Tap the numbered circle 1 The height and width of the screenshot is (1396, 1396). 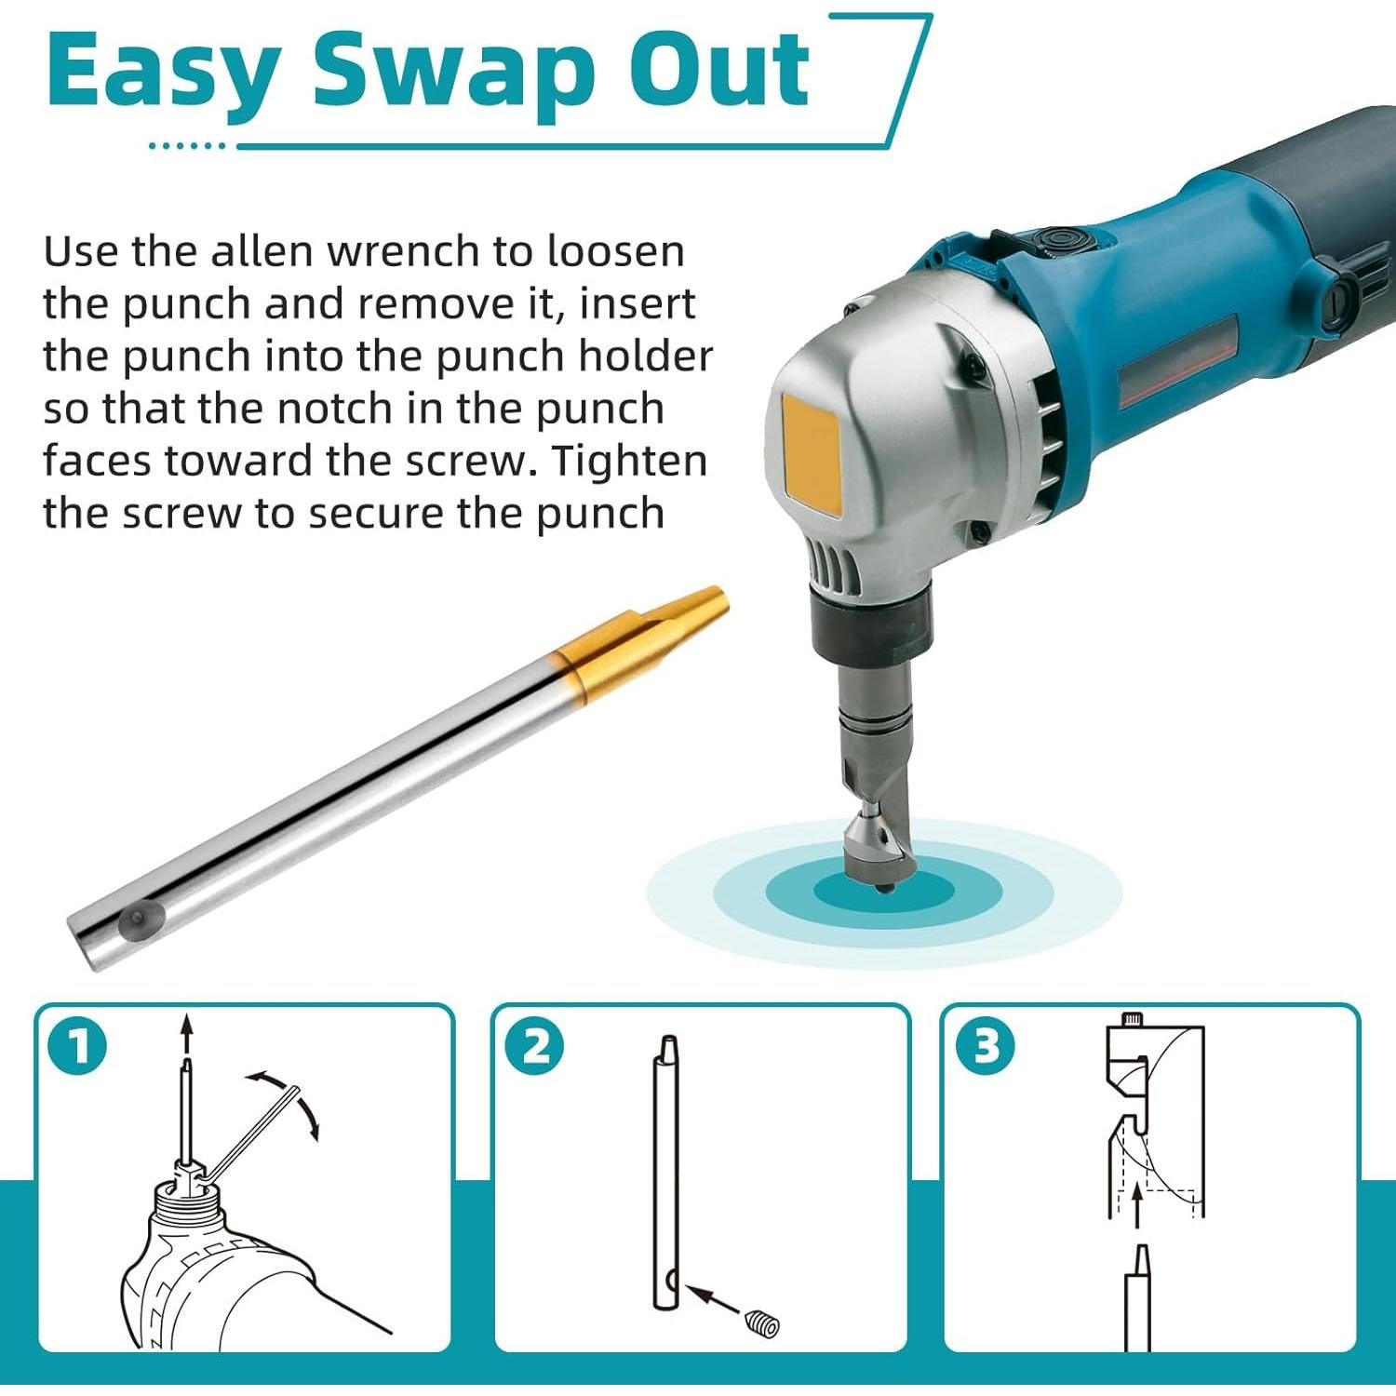click(x=78, y=1046)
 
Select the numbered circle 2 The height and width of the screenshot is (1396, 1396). click(x=534, y=1046)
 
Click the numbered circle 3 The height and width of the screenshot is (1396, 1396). click(x=987, y=1046)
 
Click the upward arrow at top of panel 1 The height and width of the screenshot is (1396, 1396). click(x=187, y=1033)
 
